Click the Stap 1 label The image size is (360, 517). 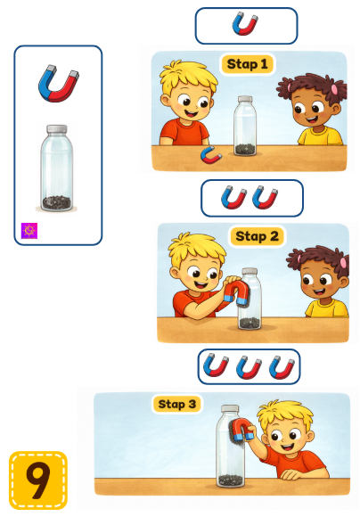[247, 64]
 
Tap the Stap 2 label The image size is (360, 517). [257, 236]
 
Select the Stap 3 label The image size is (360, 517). [177, 404]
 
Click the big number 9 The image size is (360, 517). [38, 480]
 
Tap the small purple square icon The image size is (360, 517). [29, 231]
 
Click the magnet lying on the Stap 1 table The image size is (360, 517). [211, 155]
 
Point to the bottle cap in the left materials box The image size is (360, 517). [57, 129]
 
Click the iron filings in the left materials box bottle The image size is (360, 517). [57, 202]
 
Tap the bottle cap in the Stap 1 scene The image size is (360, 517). [245, 99]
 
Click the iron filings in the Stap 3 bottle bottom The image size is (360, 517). [231, 480]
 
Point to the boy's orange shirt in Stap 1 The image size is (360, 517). [184, 134]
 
